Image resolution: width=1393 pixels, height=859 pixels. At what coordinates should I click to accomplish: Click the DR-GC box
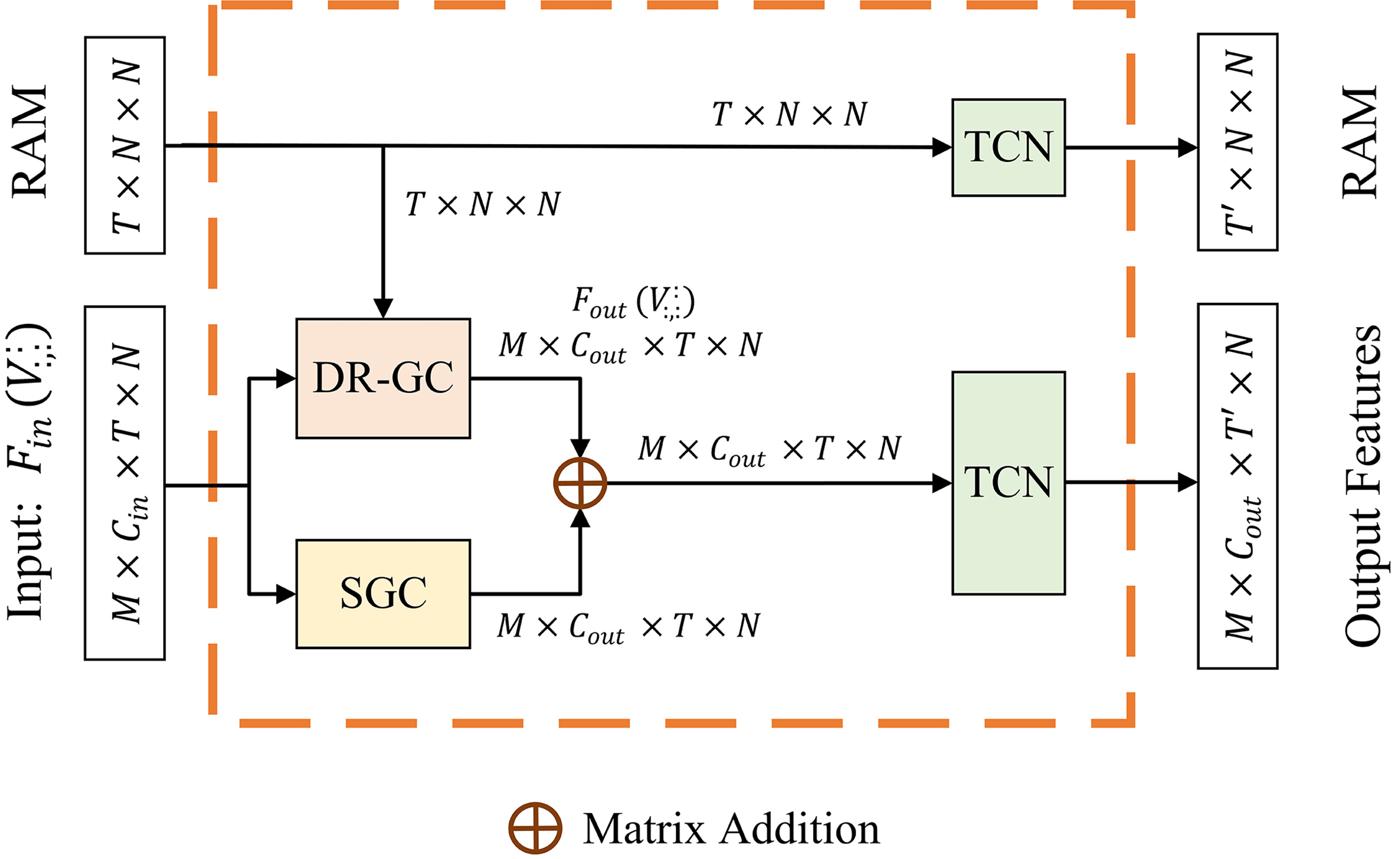tap(383, 378)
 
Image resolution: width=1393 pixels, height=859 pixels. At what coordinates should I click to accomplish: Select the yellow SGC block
tap(383, 593)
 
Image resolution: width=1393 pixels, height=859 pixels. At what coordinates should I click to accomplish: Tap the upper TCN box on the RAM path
tap(1008, 148)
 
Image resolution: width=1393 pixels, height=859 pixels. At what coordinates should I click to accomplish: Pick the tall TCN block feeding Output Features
tap(1008, 483)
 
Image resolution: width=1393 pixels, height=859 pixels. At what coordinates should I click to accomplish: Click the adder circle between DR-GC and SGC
tap(580, 483)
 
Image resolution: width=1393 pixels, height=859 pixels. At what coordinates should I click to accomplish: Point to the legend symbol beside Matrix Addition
tap(535, 829)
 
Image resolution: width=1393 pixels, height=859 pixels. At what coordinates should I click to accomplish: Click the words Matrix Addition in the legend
tap(731, 829)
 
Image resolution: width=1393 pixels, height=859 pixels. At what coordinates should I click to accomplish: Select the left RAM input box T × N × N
tap(125, 145)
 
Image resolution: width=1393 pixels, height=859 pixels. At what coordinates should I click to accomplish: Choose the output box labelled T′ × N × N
tap(1237, 142)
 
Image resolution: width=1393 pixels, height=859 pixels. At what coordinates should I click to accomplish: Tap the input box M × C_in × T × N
tap(125, 483)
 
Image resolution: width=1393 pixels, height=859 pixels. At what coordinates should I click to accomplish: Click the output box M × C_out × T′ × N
tap(1237, 486)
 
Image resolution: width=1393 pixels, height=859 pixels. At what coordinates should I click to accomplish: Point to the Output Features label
tap(1362, 486)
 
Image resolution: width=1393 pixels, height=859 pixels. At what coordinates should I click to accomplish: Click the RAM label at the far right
tap(1359, 142)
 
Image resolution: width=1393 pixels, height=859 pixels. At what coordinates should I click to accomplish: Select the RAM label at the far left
tap(29, 142)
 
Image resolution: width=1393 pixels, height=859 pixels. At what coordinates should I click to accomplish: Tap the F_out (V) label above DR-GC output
tap(633, 303)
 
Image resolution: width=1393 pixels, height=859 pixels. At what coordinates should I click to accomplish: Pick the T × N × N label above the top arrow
tap(789, 115)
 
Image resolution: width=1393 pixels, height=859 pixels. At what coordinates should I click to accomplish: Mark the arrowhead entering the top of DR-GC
tap(383, 308)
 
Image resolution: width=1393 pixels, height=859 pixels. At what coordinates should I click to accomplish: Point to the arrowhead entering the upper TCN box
tap(942, 148)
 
